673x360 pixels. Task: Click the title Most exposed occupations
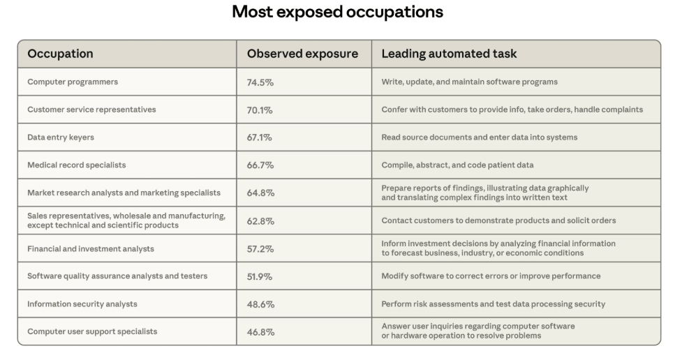pos(337,12)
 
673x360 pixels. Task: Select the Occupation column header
pos(60,54)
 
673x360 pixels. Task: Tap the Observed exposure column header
pos(302,54)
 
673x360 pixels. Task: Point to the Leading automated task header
pos(449,54)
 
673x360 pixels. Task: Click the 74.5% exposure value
pos(260,82)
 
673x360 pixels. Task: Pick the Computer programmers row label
pos(73,82)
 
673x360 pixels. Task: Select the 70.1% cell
pos(260,110)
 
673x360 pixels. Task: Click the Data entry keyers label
pos(61,137)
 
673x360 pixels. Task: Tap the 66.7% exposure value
pos(260,165)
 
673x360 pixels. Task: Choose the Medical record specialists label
pos(77,165)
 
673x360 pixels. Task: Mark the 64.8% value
pos(260,193)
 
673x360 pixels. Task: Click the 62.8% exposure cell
pos(260,221)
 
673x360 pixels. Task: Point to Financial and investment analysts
pos(91,248)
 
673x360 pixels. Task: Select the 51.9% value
pos(260,276)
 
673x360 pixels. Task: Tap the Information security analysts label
pos(82,304)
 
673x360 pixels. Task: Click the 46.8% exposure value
pos(260,332)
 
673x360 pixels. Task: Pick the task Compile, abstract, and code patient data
pos(457,165)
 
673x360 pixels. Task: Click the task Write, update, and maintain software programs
pos(469,82)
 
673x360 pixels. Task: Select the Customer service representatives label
pos(91,110)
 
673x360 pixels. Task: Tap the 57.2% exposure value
pos(260,249)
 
